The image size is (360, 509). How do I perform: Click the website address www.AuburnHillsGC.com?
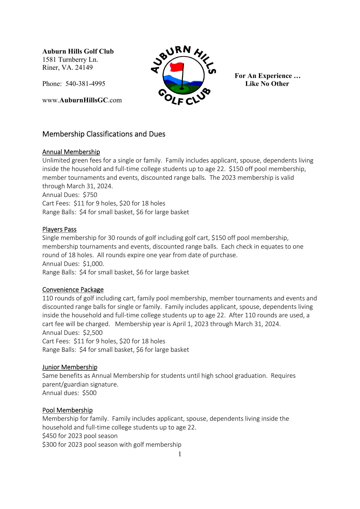(82, 100)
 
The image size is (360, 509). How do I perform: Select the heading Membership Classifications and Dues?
(104, 134)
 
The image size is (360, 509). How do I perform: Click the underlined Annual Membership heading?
(71, 152)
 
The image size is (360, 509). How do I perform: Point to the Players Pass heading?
(59, 229)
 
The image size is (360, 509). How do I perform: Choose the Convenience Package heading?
(73, 289)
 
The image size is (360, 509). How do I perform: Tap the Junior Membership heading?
(70, 367)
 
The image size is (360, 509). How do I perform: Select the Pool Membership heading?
(67, 410)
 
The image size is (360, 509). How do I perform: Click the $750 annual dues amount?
(90, 195)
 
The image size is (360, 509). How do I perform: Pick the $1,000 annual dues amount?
(93, 264)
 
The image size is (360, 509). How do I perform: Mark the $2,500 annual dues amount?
(93, 333)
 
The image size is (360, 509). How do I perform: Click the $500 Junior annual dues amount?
(89, 393)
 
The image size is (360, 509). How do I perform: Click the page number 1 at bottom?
(180, 454)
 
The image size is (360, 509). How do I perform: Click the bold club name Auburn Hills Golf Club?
(78, 51)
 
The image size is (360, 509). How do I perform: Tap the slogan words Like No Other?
(267, 84)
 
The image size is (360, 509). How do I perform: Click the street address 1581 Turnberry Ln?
(70, 59)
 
